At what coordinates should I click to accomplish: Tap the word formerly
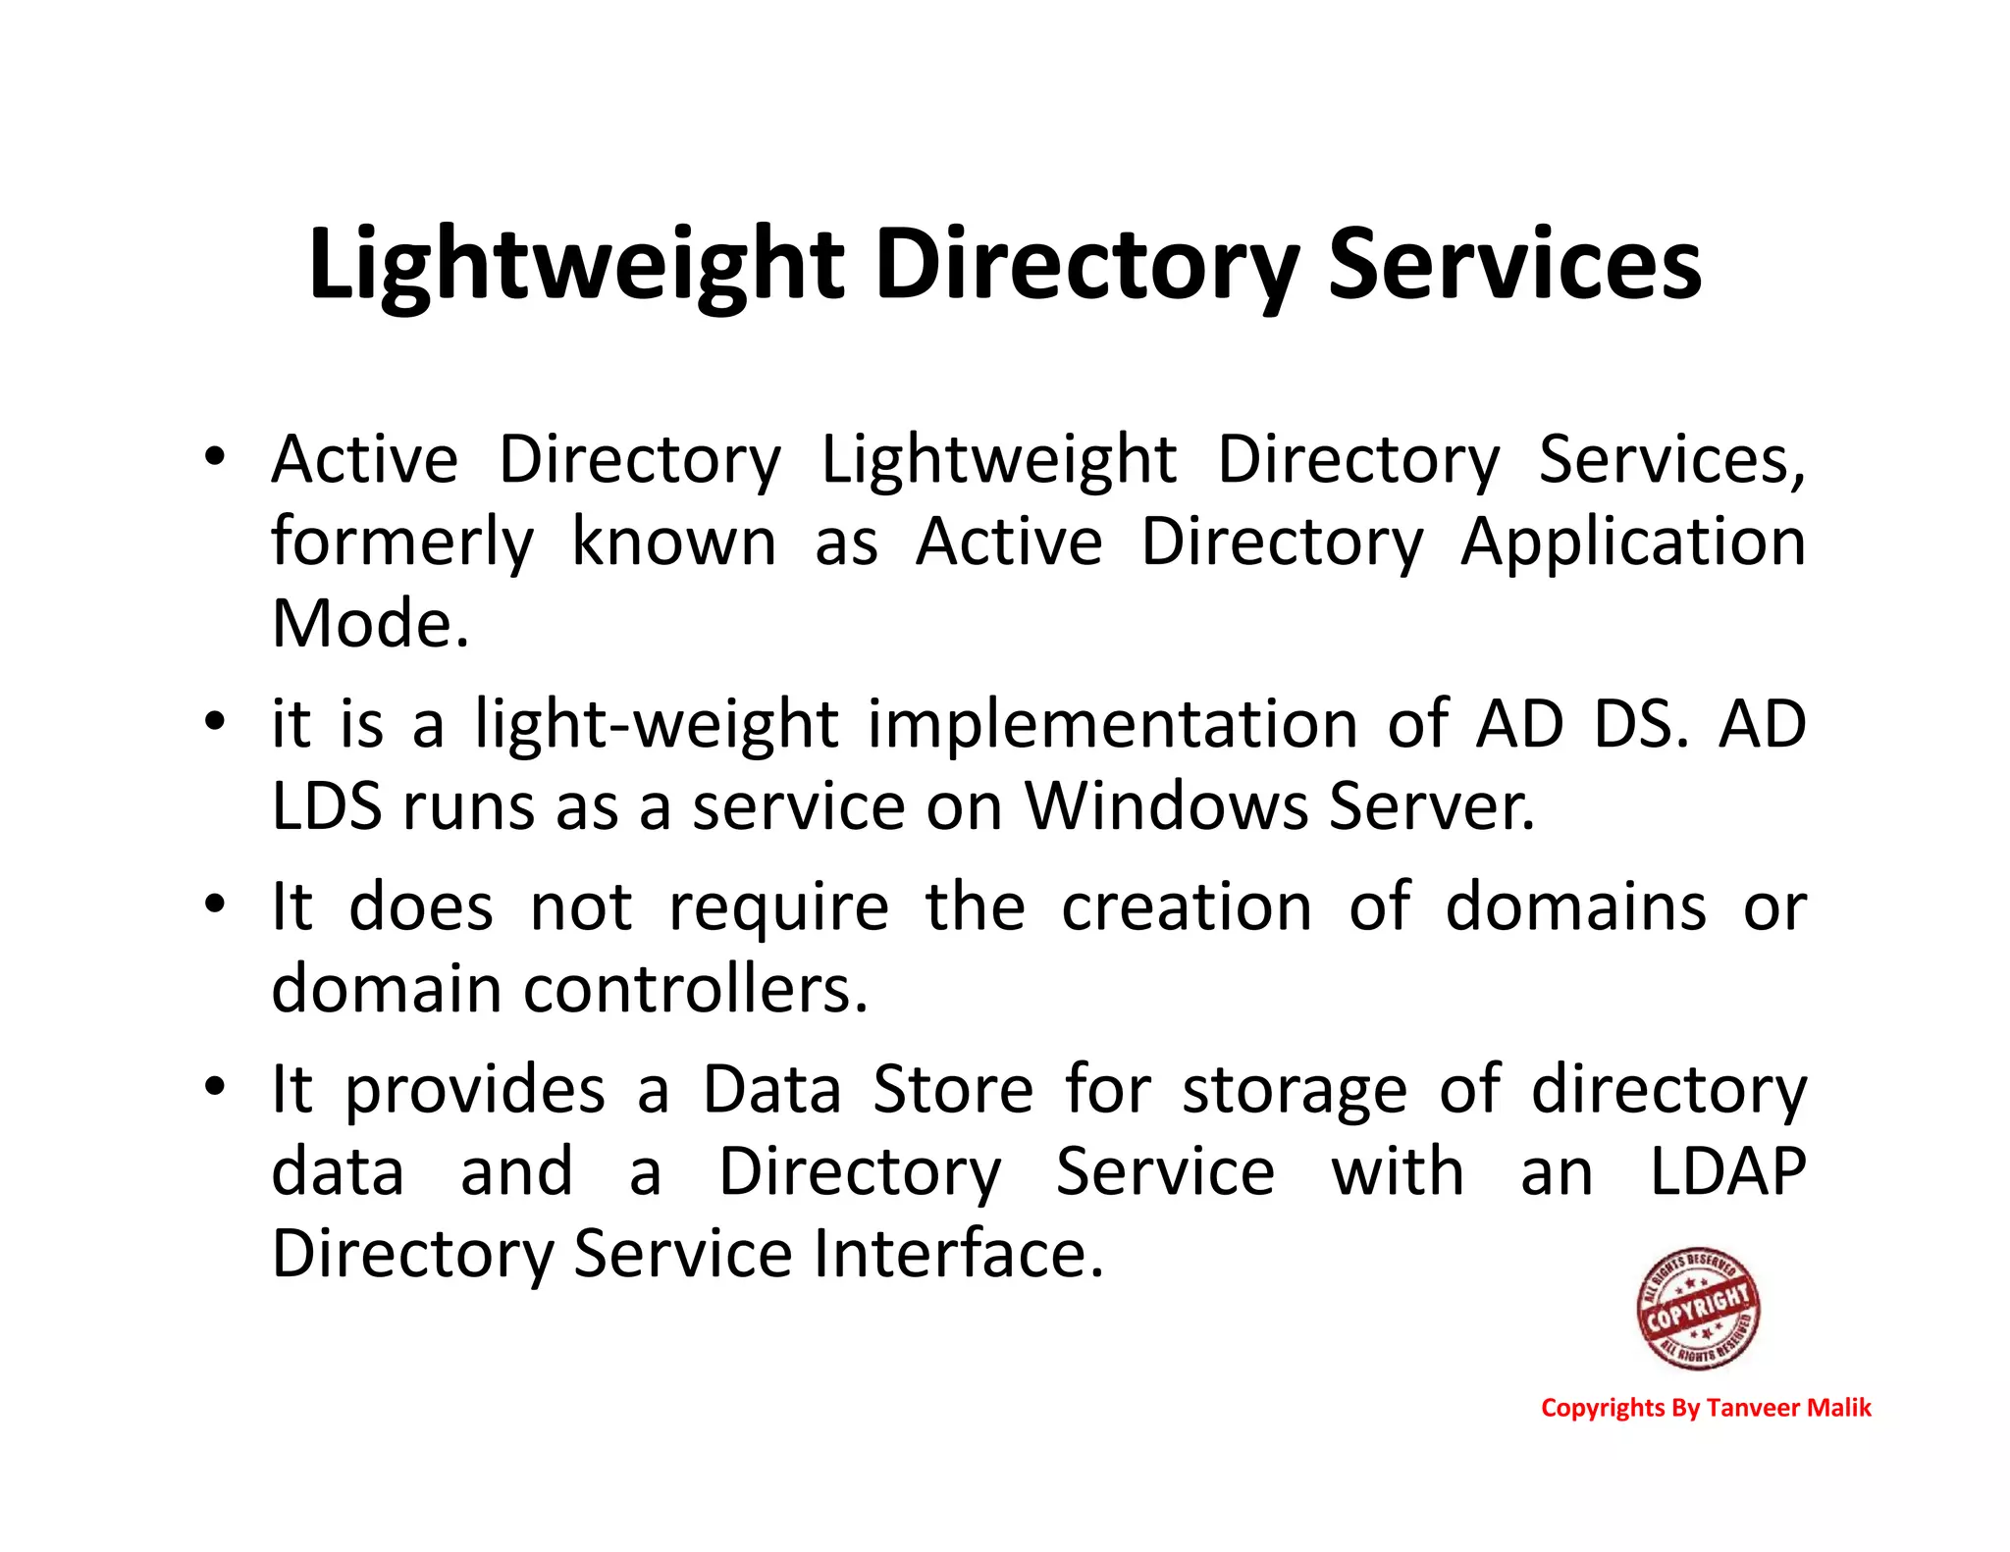(x=402, y=543)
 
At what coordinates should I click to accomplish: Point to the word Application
(x=1633, y=543)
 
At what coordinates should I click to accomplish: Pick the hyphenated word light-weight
(x=657, y=725)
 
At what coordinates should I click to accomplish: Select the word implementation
(x=1113, y=725)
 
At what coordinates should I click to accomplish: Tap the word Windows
(x=1166, y=807)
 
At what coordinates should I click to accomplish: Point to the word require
(x=778, y=907)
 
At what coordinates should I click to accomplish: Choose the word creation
(x=1187, y=907)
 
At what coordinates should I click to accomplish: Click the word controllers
(x=696, y=990)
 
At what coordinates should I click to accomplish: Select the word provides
(x=475, y=1091)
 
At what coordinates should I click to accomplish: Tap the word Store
(x=953, y=1091)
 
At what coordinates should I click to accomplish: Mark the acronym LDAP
(x=1727, y=1172)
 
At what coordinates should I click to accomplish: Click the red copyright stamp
(x=1698, y=1309)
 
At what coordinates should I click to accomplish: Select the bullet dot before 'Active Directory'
(x=215, y=456)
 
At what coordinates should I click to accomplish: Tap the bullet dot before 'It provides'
(x=215, y=1087)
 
